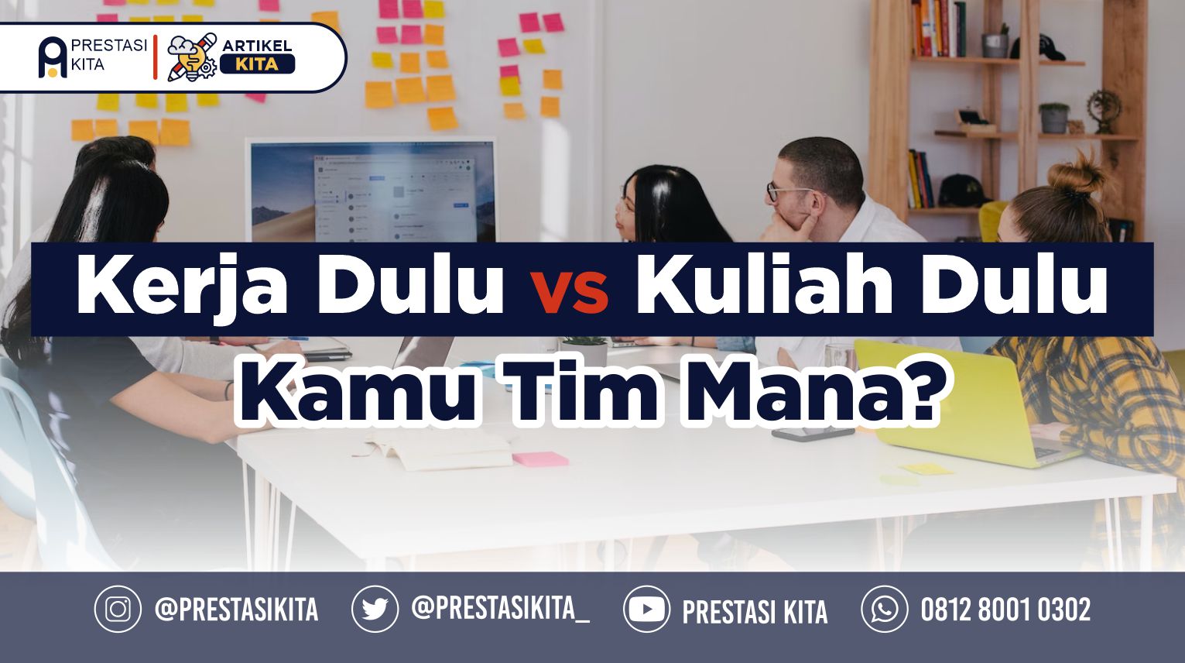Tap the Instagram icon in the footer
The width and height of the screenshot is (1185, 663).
click(118, 609)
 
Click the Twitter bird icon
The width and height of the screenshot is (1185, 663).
click(375, 609)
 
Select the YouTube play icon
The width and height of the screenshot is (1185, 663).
click(646, 609)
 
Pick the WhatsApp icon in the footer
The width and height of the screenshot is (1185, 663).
click(885, 609)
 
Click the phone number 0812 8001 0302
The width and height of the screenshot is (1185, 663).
click(1005, 610)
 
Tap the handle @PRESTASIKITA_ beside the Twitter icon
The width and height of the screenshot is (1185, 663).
click(501, 609)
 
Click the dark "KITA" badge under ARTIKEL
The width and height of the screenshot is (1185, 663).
click(257, 64)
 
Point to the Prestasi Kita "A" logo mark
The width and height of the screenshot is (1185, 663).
click(53, 57)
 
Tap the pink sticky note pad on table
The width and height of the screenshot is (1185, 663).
click(540, 459)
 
